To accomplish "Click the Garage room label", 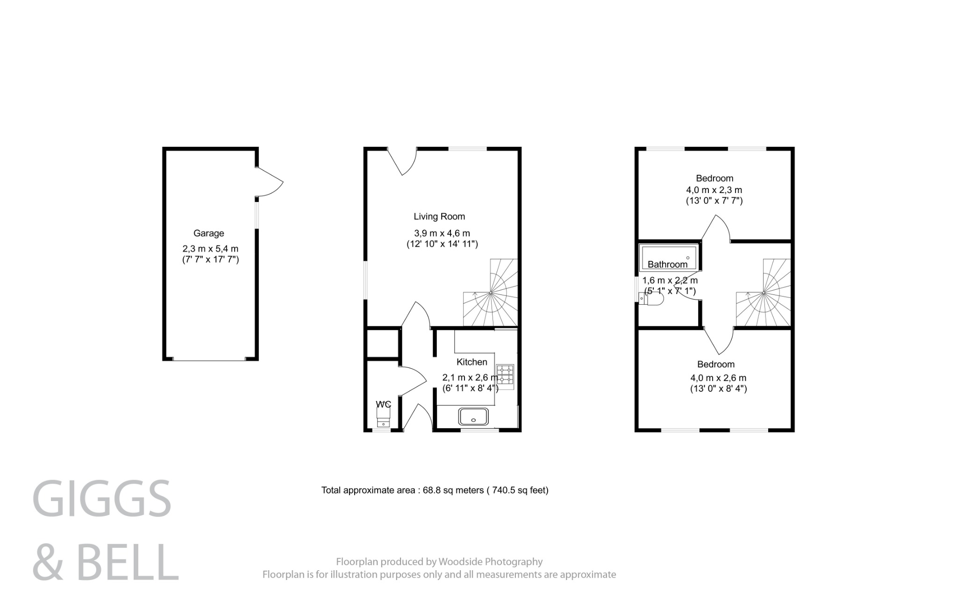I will click(208, 233).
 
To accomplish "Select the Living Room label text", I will click(439, 216).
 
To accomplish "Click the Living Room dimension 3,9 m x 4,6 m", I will click(442, 233).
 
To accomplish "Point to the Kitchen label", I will click(471, 362).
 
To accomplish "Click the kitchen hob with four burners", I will click(505, 377).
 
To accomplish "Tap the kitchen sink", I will click(474, 416).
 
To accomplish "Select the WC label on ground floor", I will click(383, 404).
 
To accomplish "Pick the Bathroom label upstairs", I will click(667, 265).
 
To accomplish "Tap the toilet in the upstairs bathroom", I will click(651, 300).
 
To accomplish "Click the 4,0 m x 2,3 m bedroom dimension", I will click(714, 190).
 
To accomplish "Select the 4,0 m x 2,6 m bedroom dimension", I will click(718, 378).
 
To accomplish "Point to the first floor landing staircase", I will click(764, 294).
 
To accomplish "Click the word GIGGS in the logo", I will click(102, 499).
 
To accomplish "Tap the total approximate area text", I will click(435, 490).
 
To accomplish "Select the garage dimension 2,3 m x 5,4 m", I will click(210, 249).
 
